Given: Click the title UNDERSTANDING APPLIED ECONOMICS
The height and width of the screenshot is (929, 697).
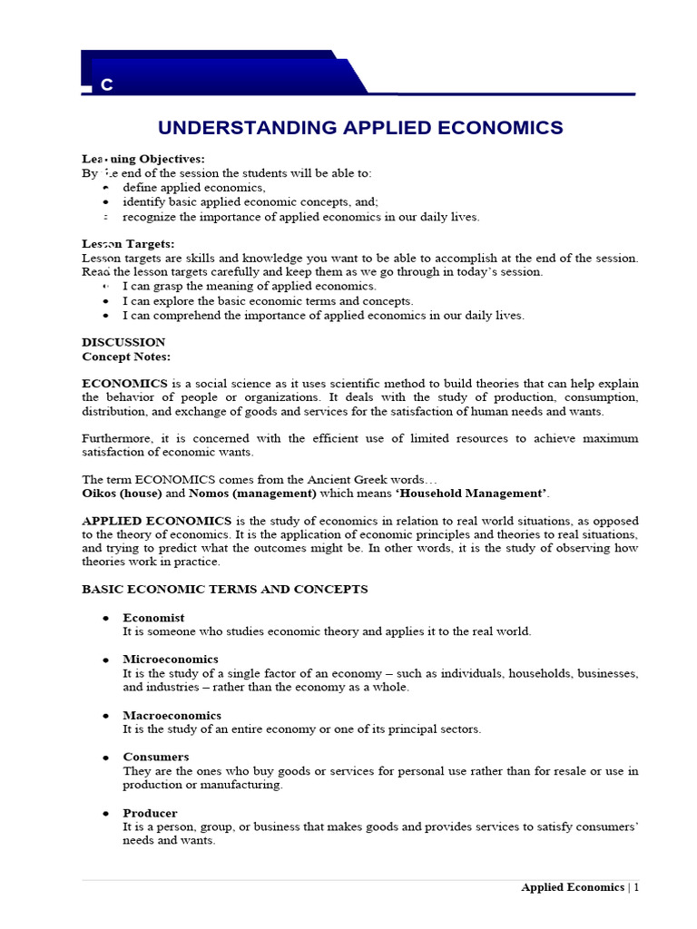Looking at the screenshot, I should [x=361, y=128].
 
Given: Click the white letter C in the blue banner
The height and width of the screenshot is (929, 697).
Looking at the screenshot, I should [x=107, y=85].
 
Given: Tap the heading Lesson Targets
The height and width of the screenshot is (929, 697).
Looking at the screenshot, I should [x=128, y=244].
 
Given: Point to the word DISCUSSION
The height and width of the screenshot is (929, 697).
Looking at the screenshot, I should [x=123, y=342].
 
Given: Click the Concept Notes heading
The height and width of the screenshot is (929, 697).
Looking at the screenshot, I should [x=126, y=357].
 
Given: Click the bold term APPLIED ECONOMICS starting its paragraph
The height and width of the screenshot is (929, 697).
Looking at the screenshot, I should [x=157, y=521].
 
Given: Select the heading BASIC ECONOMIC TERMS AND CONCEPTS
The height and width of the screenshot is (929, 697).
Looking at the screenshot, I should [x=225, y=589].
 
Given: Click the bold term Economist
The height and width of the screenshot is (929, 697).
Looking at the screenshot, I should [x=153, y=618].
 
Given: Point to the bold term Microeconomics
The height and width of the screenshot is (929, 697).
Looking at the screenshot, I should [x=171, y=660].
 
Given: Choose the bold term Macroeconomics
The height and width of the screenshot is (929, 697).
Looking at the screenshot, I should [x=172, y=716].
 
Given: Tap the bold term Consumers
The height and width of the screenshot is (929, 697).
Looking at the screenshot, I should [x=156, y=757].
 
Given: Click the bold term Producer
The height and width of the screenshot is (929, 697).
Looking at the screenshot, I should [x=150, y=813].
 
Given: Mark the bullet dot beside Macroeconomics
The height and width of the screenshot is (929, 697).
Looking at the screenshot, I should [x=106, y=717].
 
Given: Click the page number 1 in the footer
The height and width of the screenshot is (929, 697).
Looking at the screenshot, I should [x=636, y=887].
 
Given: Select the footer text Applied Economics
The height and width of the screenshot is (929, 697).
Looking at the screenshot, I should [x=573, y=887].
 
